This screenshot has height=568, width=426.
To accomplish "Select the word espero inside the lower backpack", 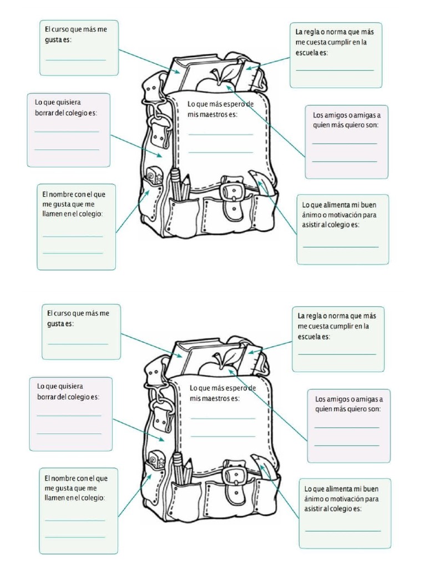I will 237,388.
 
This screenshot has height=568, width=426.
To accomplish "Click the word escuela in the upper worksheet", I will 306,52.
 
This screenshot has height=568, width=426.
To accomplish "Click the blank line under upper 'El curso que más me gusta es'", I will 75,59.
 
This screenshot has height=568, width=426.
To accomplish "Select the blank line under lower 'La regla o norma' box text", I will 337,353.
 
